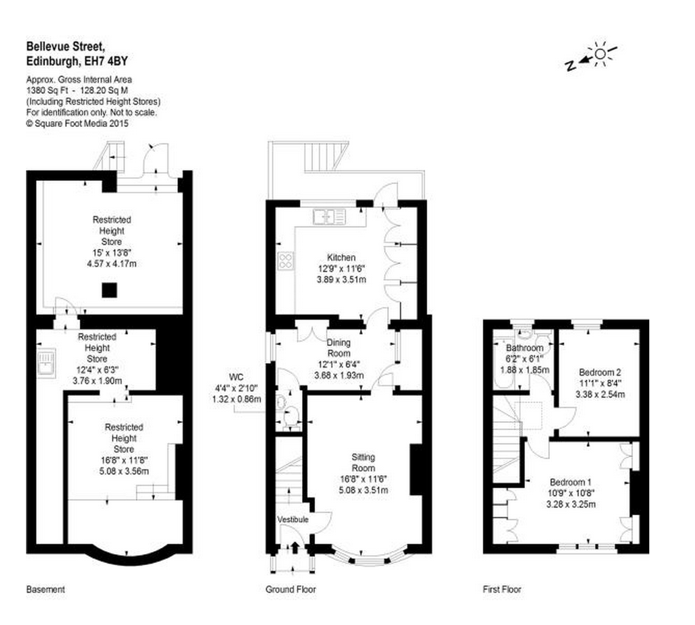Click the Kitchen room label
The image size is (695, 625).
341,257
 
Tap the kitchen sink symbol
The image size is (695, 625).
329,216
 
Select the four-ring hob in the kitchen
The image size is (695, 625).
286,261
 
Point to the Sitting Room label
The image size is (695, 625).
364,463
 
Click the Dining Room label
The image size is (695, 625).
339,348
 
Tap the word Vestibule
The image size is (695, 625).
293,520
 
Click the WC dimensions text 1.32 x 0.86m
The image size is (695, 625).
237,399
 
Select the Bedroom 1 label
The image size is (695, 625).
571,482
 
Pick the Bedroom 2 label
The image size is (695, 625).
600,372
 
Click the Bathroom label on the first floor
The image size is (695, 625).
525,348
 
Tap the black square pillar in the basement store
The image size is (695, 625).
110,290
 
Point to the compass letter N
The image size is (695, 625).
570,65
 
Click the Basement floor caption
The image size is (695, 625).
45,589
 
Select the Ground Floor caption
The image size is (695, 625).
291,589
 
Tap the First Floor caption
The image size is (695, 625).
502,589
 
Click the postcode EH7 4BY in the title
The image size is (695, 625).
106,61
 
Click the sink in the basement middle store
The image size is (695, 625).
46,362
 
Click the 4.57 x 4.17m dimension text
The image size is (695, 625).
112,264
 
